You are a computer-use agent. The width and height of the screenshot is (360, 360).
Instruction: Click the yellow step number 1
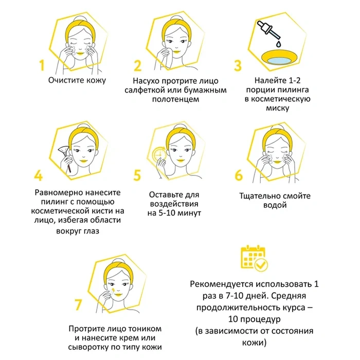coord(42,65)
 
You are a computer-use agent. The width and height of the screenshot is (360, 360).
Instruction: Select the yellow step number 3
coord(238,65)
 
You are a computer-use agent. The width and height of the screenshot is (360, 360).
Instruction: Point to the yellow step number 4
coord(39,175)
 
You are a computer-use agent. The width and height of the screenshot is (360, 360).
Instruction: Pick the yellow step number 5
coord(137,175)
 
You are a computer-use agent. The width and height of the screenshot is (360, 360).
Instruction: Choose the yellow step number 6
coord(239,175)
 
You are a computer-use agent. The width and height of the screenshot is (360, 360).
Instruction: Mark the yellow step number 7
coord(78,304)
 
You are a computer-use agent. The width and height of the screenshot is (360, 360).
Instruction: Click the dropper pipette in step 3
coord(268,30)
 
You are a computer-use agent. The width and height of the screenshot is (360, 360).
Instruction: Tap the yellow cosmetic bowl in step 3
coord(280,58)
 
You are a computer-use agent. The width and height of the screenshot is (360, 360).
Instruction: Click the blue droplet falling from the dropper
coord(279,44)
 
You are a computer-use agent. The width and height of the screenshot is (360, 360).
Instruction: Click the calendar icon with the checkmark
coord(254,258)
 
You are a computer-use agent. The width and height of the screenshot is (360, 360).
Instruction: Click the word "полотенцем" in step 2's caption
coord(176,99)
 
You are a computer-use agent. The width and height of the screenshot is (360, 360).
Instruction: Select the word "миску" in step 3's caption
coord(277,108)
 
